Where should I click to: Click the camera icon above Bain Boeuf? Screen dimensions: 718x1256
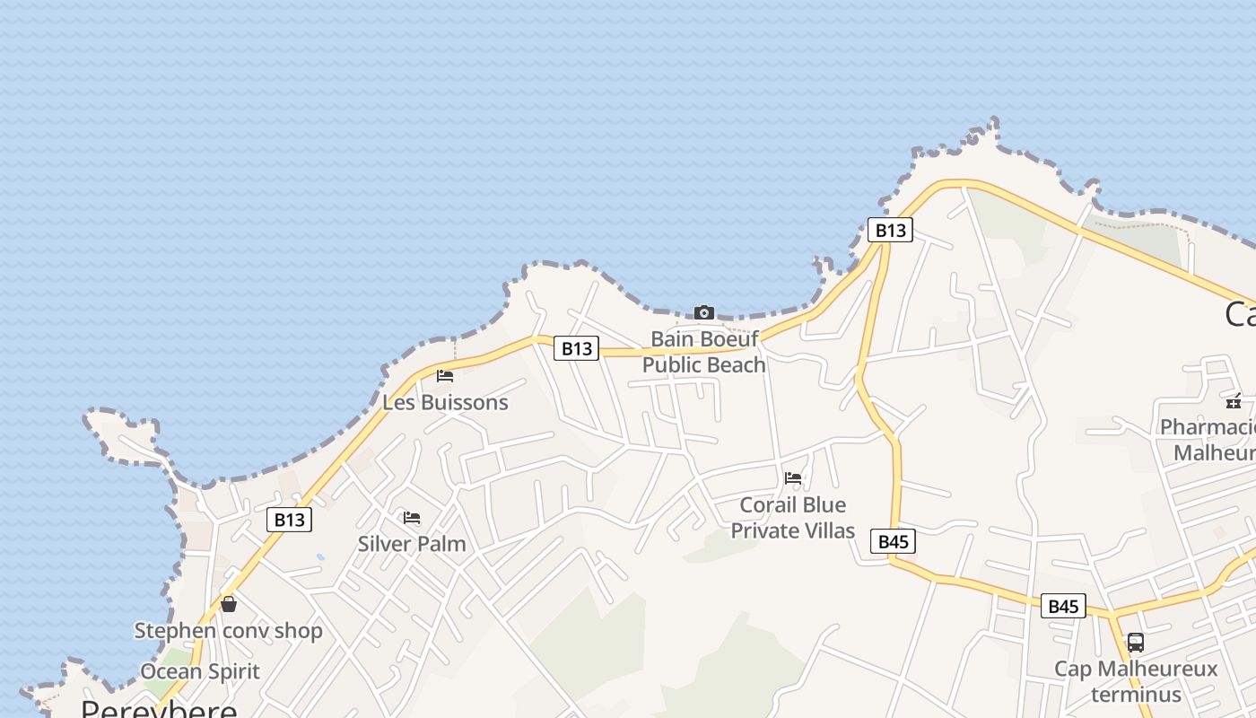(704, 312)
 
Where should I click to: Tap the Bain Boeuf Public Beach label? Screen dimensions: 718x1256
(704, 352)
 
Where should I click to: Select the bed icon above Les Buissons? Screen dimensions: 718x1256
(445, 376)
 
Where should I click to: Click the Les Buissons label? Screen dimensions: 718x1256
(445, 402)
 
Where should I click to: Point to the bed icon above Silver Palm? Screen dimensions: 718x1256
(412, 518)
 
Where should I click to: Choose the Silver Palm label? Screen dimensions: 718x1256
(412, 543)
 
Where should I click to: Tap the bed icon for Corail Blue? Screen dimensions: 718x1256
(793, 477)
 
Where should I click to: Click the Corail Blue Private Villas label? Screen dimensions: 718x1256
(793, 518)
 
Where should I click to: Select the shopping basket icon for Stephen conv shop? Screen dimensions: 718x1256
(229, 604)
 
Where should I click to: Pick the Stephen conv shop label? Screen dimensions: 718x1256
(228, 630)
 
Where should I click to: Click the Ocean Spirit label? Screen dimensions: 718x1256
(200, 671)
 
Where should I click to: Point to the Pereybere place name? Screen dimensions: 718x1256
(159, 708)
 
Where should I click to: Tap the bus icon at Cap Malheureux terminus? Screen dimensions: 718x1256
(1136, 643)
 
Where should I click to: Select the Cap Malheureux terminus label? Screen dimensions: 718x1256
(1136, 681)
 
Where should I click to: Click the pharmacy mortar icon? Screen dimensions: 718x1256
(1234, 400)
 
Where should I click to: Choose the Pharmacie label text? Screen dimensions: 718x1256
(1208, 426)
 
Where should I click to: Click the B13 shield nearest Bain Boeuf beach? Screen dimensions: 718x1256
(576, 348)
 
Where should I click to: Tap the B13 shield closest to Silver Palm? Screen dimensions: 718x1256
(289, 520)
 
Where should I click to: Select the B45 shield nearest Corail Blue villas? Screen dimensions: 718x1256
(894, 541)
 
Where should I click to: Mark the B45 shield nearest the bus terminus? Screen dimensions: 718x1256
(1063, 606)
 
